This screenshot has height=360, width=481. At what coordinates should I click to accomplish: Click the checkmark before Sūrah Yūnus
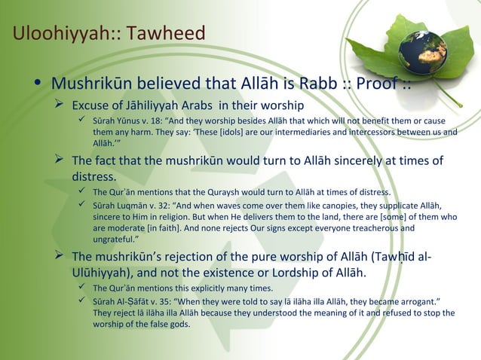82,121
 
